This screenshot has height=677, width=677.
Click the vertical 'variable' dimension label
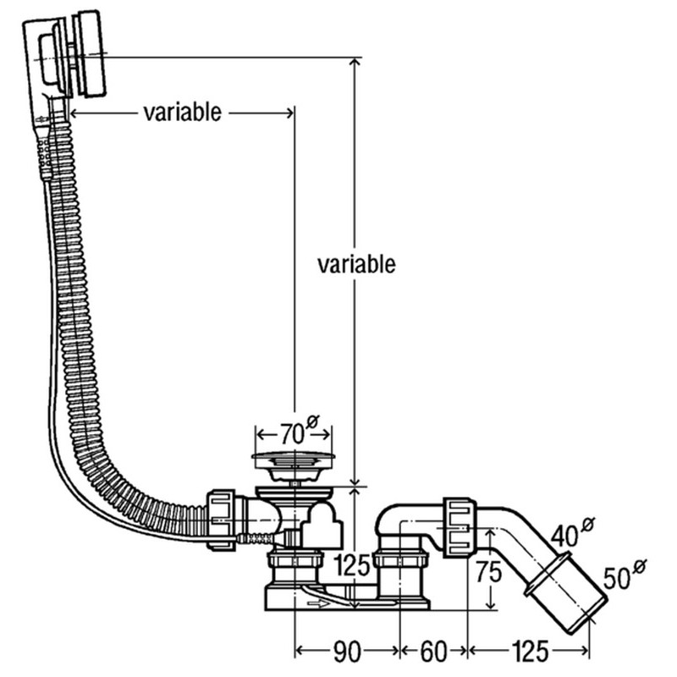click(x=356, y=264)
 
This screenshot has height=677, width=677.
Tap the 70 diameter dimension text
click(x=292, y=435)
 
